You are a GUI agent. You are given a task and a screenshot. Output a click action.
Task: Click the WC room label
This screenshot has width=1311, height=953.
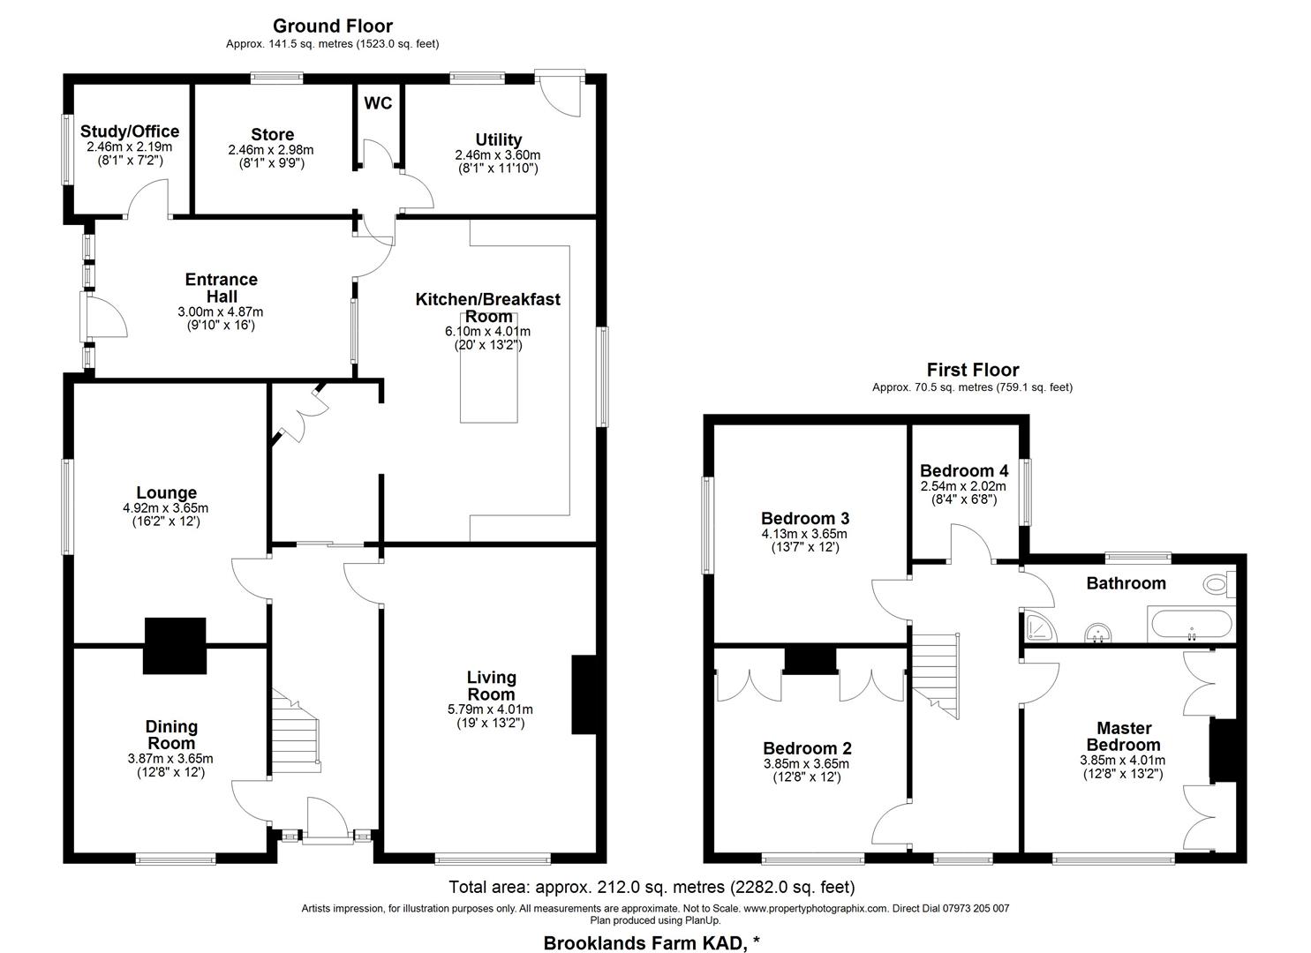pyautogui.click(x=378, y=103)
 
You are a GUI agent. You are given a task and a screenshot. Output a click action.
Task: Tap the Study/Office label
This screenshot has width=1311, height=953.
pyautogui.click(x=129, y=131)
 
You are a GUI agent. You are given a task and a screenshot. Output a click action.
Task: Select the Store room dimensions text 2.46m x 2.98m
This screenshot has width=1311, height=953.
pyautogui.click(x=270, y=150)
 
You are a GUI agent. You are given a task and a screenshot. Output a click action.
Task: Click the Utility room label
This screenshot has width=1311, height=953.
pyautogui.click(x=498, y=139)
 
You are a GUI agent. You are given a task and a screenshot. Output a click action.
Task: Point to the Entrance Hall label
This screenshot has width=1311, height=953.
pyautogui.click(x=221, y=288)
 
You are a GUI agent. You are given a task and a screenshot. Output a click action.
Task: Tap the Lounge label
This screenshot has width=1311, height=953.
pyautogui.click(x=166, y=492)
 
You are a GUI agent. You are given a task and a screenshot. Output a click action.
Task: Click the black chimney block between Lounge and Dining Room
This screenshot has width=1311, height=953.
pyautogui.click(x=175, y=646)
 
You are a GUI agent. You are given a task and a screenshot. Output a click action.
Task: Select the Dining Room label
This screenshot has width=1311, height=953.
pyautogui.click(x=171, y=734)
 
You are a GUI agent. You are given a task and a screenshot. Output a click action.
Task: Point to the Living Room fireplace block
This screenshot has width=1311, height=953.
pyautogui.click(x=584, y=694)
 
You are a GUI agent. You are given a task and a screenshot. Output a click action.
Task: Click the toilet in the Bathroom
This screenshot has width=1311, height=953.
pyautogui.click(x=1220, y=582)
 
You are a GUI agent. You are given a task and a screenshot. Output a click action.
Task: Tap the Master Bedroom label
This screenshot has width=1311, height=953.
pyautogui.click(x=1123, y=736)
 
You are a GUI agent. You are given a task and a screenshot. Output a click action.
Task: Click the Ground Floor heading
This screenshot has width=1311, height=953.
pyautogui.click(x=332, y=26)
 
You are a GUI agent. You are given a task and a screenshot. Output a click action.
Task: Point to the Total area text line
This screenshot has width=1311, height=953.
pyautogui.click(x=652, y=887)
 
